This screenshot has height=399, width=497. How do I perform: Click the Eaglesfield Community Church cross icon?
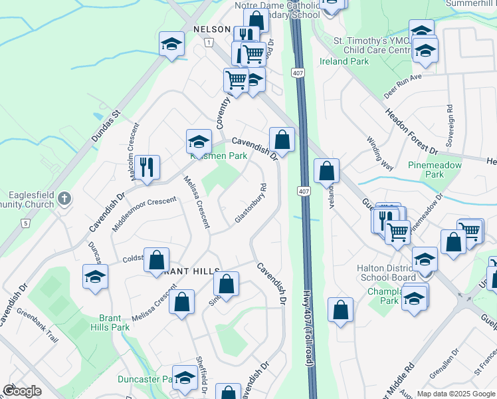pyautogui.click(x=64, y=198)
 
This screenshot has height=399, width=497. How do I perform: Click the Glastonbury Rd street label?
pyautogui.click(x=250, y=203)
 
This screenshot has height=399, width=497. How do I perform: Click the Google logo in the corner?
pyautogui.click(x=22, y=391)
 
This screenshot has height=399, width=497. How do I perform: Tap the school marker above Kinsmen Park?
pyautogui.click(x=198, y=140)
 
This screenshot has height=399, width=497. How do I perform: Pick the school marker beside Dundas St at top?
pyautogui.click(x=171, y=45)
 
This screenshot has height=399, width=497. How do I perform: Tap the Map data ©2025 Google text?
pyautogui.click(x=455, y=394)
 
